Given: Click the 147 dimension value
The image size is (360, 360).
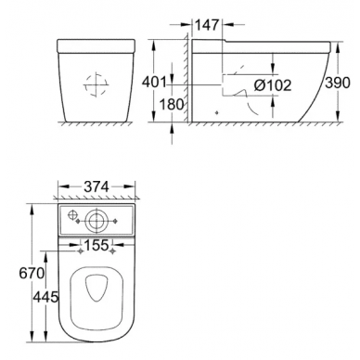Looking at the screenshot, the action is (x=207, y=25).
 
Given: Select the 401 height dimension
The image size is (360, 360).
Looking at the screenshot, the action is (x=154, y=83).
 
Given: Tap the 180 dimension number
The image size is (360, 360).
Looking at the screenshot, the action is (x=172, y=105).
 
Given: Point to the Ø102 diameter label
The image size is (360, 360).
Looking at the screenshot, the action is (x=273, y=85).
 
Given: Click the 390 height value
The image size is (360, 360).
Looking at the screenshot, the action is (x=338, y=83).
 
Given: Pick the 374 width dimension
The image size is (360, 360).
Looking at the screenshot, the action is (x=96, y=186).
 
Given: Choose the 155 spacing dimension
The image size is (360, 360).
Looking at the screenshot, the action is (x=96, y=245).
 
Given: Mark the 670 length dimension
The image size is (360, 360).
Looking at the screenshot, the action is (x=32, y=274).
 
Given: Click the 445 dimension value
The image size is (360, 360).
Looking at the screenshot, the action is (x=45, y=298).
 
